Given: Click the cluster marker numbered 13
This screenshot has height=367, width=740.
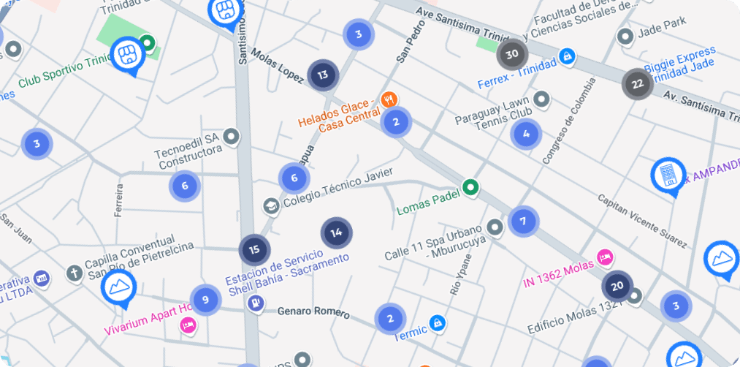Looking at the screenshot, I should click(x=322, y=75).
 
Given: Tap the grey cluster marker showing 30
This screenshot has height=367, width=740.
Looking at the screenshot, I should click(x=512, y=54).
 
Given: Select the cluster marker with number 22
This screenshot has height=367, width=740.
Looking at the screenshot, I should click(x=638, y=84).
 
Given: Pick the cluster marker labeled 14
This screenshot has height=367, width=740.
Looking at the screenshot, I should click(x=336, y=233).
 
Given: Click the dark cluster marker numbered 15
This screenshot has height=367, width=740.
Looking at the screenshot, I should click(x=254, y=249).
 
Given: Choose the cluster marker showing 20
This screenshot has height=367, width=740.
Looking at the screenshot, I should click(x=617, y=286).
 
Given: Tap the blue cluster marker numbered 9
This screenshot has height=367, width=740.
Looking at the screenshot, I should click(x=205, y=299).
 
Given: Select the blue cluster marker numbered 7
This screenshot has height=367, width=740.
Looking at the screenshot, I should click(x=522, y=221).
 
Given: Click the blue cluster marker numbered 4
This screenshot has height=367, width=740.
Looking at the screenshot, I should click(x=526, y=134).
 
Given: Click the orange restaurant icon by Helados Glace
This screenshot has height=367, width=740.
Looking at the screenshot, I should click(x=389, y=99).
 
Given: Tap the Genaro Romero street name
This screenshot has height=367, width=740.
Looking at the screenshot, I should click(x=313, y=311).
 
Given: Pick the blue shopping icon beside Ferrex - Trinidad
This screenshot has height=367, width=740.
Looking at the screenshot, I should click(x=565, y=56).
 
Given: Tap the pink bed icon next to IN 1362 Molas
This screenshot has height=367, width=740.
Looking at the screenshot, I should click(x=604, y=257).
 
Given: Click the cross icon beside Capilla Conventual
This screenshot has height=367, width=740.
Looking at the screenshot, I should click(x=73, y=273).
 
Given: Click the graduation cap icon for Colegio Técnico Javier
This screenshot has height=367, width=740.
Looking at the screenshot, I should click(x=272, y=207).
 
